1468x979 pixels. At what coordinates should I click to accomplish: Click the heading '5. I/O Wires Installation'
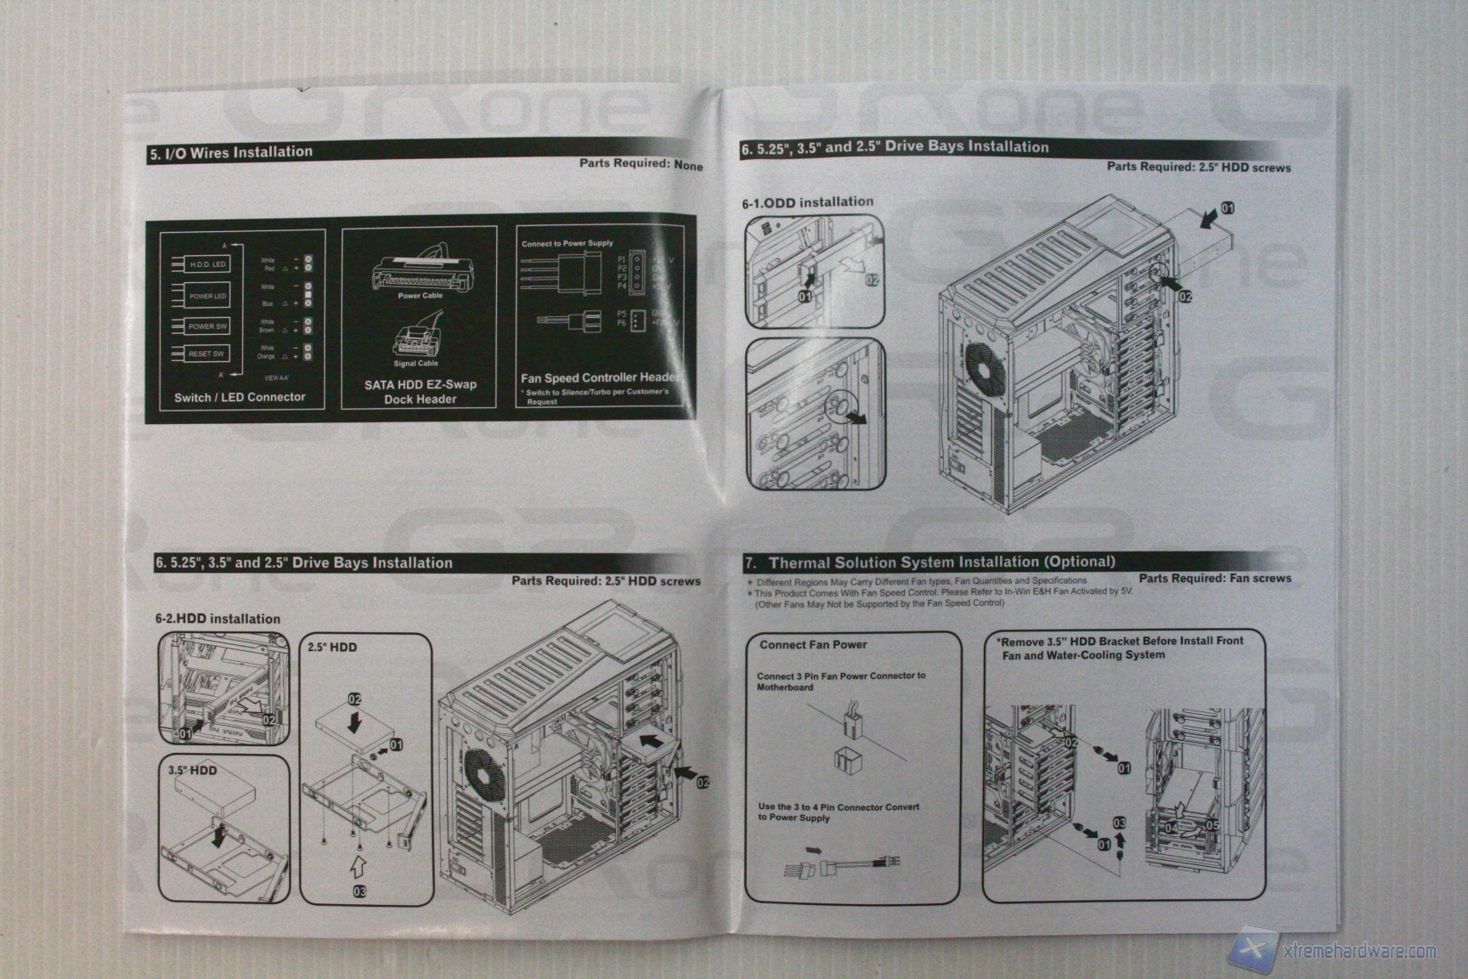231,152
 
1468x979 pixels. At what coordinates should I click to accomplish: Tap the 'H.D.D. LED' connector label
207,264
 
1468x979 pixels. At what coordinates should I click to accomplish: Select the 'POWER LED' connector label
207,296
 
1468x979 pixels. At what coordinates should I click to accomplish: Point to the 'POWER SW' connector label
207,326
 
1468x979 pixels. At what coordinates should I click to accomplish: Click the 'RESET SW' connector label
206,354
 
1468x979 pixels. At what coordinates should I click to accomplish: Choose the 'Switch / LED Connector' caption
240,397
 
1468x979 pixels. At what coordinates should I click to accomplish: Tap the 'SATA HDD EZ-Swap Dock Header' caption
421,392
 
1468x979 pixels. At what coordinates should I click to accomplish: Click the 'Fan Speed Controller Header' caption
600,377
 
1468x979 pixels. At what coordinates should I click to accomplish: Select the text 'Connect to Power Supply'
567,243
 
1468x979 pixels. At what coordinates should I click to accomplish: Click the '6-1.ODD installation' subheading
807,202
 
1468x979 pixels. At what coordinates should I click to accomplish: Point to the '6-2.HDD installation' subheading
217,619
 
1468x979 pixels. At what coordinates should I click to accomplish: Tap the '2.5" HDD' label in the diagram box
332,647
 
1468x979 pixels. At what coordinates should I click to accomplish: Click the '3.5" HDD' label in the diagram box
192,770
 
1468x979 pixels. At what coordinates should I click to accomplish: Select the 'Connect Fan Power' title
813,645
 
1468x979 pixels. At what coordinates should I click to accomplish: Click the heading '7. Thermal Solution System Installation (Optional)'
929,562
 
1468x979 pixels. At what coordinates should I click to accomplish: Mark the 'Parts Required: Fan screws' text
1215,578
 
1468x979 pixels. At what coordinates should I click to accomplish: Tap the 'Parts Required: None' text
641,163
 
